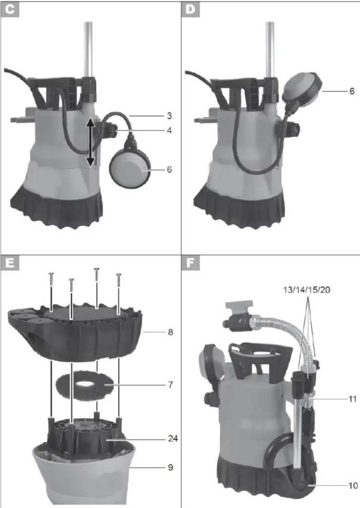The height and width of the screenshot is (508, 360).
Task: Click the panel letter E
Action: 10,264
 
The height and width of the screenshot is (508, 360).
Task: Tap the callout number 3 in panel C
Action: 169,116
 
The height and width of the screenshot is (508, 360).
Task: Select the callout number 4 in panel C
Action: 169,130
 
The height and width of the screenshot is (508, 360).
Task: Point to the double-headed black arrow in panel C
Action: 90,142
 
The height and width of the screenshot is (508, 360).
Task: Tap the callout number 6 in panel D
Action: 352,91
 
